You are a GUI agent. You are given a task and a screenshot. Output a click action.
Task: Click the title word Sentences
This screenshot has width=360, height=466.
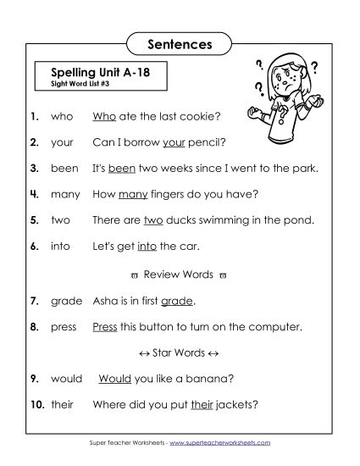[x=180, y=41]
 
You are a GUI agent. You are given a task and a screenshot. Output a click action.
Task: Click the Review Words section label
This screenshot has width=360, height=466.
[x=179, y=275]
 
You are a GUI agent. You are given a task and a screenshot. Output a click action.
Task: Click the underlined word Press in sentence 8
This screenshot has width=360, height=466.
[x=104, y=326]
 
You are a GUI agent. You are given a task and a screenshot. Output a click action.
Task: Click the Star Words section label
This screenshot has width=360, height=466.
[x=179, y=352]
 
